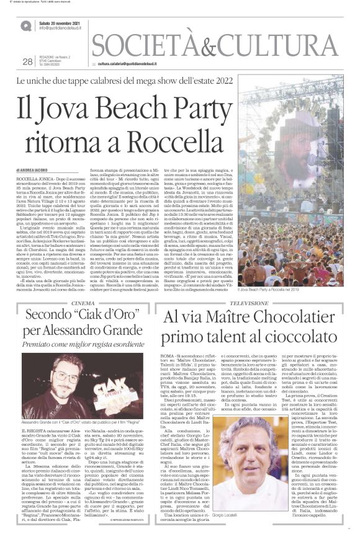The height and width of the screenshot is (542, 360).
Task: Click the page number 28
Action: (x=27, y=61)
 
